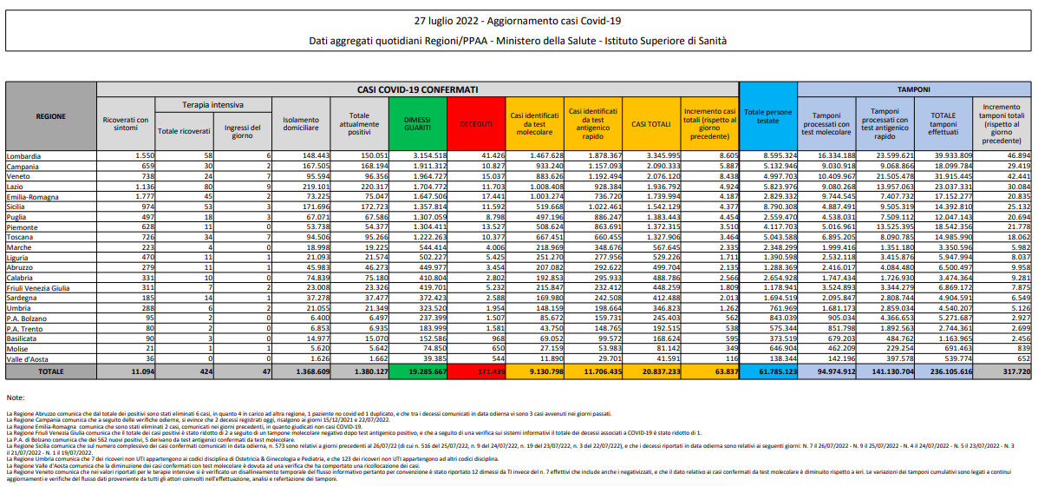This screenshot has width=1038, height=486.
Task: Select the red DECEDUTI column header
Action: (x=476, y=124)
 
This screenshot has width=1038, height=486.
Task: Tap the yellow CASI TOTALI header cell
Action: (x=650, y=124)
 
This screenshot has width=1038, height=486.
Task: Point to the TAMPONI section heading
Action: (x=913, y=89)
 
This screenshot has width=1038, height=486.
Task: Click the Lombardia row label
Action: (x=24, y=155)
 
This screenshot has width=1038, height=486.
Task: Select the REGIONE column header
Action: (x=49, y=116)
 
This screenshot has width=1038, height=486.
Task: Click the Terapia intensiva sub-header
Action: (x=212, y=104)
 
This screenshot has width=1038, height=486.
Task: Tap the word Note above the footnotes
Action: (x=16, y=397)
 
